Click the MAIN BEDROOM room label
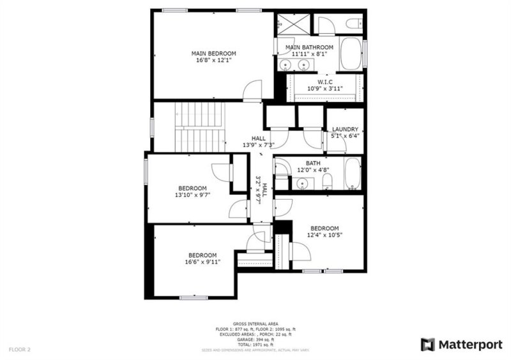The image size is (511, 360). (214, 53)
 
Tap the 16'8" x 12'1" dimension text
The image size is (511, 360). (214, 61)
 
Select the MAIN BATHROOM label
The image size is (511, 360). (309, 47)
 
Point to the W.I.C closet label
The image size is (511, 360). (325, 82)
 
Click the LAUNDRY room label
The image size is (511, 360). (345, 129)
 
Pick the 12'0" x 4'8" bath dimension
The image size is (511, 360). (313, 170)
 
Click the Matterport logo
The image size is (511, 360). (461, 345)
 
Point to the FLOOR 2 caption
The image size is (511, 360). (19, 350)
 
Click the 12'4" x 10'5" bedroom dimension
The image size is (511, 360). (325, 235)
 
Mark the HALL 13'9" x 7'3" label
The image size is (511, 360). (258, 142)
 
